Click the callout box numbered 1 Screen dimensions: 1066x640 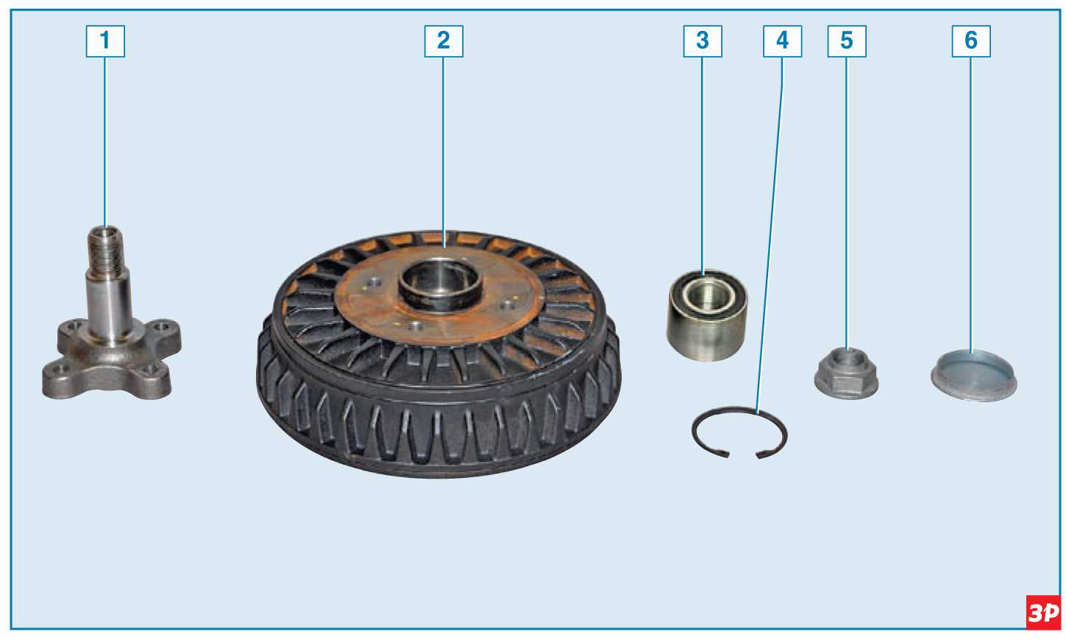click(105, 41)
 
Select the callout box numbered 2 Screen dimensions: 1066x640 click(444, 41)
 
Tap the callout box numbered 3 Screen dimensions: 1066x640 click(703, 41)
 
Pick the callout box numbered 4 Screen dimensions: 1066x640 click(782, 41)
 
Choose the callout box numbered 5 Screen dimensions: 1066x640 click(847, 41)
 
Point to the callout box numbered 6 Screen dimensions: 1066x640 click(971, 41)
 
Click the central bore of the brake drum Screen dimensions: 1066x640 click(440, 283)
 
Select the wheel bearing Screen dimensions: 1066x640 click(707, 314)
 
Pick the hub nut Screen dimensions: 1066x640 click(846, 374)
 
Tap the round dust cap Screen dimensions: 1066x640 click(974, 376)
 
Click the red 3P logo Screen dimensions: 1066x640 click(1043, 612)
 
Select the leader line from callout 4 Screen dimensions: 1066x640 click(770, 233)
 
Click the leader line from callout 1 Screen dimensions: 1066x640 click(105, 142)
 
